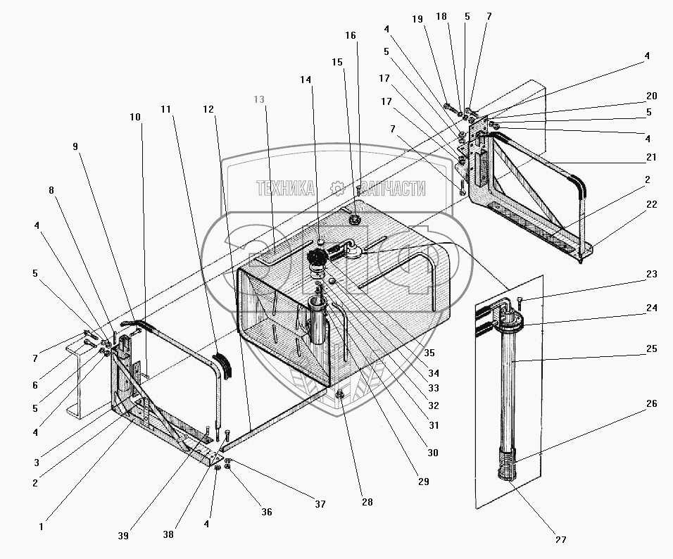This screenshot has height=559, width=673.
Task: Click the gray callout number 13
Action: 259,100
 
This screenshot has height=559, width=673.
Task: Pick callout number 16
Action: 351,34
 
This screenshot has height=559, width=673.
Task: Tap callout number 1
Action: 41,525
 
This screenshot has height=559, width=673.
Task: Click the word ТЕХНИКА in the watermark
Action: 285,188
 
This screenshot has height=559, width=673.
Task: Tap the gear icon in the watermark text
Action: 336,187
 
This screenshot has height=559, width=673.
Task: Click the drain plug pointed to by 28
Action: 339,395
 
